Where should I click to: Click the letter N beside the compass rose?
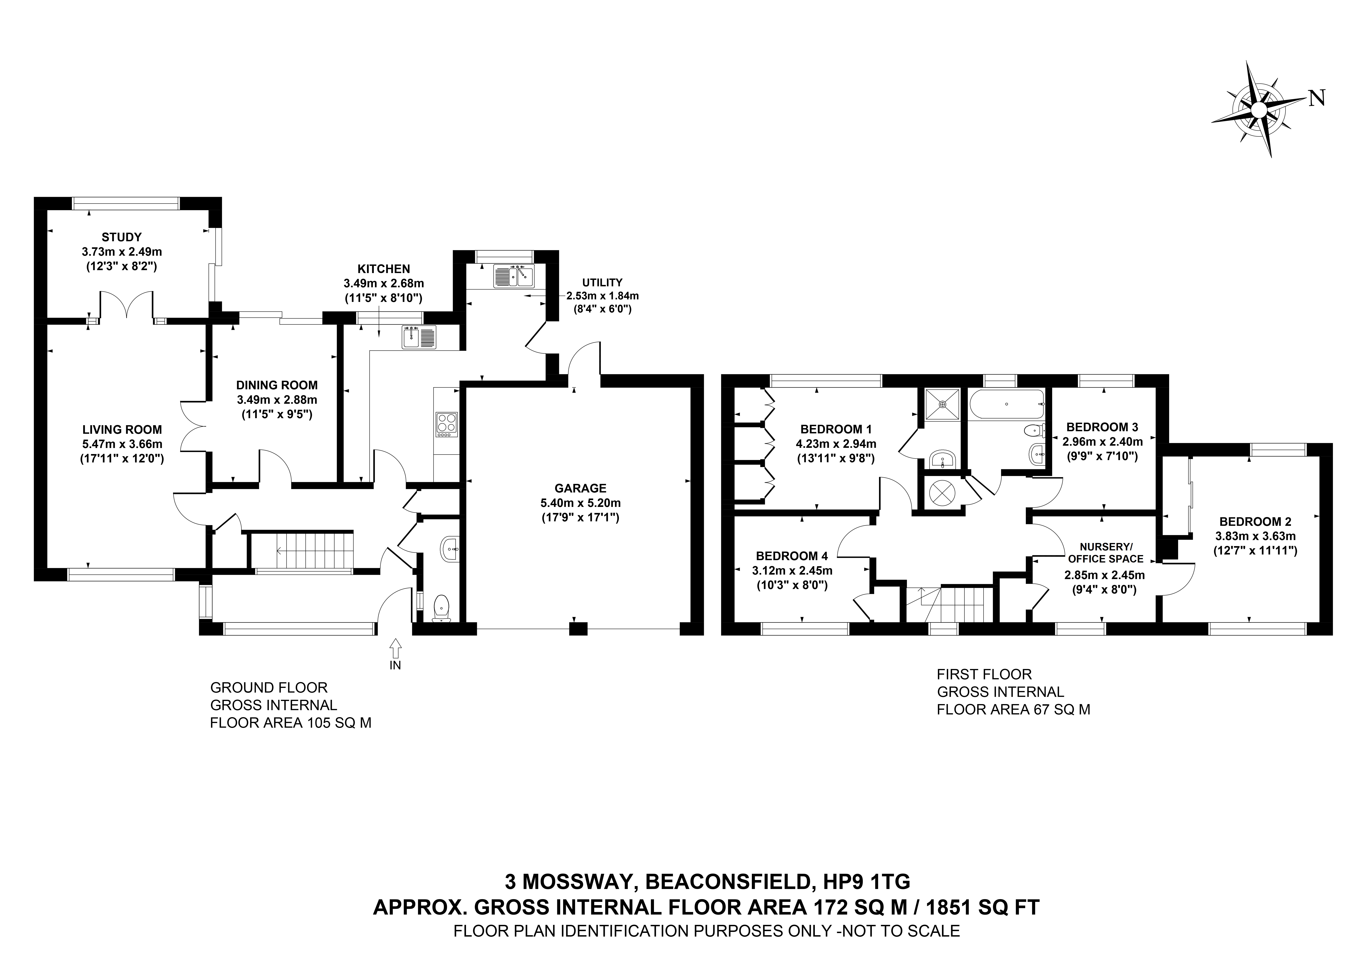coord(1316,98)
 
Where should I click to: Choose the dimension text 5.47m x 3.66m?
coord(122,444)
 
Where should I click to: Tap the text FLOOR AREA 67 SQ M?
coord(1014,710)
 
